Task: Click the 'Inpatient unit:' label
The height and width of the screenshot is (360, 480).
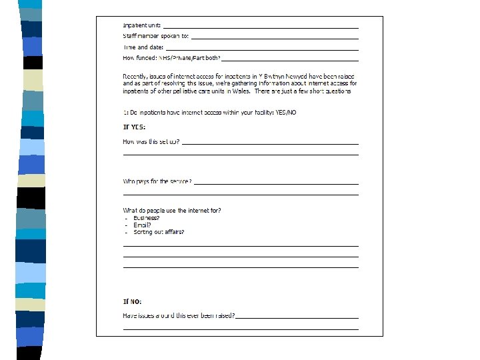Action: coord(141,25)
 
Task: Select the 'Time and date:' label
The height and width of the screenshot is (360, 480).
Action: coord(143,47)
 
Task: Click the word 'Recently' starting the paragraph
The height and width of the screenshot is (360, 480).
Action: coord(137,76)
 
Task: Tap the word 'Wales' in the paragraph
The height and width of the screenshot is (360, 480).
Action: coord(239,91)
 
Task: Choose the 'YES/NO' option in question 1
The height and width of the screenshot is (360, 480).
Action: coord(286,112)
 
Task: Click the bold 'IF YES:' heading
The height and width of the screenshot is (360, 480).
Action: coord(134,127)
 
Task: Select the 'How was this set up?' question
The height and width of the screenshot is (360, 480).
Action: coord(151,141)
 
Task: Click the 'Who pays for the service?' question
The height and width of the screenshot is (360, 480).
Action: coord(157,181)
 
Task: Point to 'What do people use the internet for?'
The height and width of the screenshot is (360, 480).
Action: coord(172,211)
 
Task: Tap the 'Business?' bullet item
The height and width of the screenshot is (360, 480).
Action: coord(146,218)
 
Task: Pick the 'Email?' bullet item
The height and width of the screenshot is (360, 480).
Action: coord(142,225)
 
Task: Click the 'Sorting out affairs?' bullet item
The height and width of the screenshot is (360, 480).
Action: coord(159,232)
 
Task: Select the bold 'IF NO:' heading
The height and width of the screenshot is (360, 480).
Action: coord(132,301)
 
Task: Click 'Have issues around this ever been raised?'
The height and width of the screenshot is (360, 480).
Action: coord(179,315)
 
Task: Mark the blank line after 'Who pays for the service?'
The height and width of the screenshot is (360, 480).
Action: coord(276,183)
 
